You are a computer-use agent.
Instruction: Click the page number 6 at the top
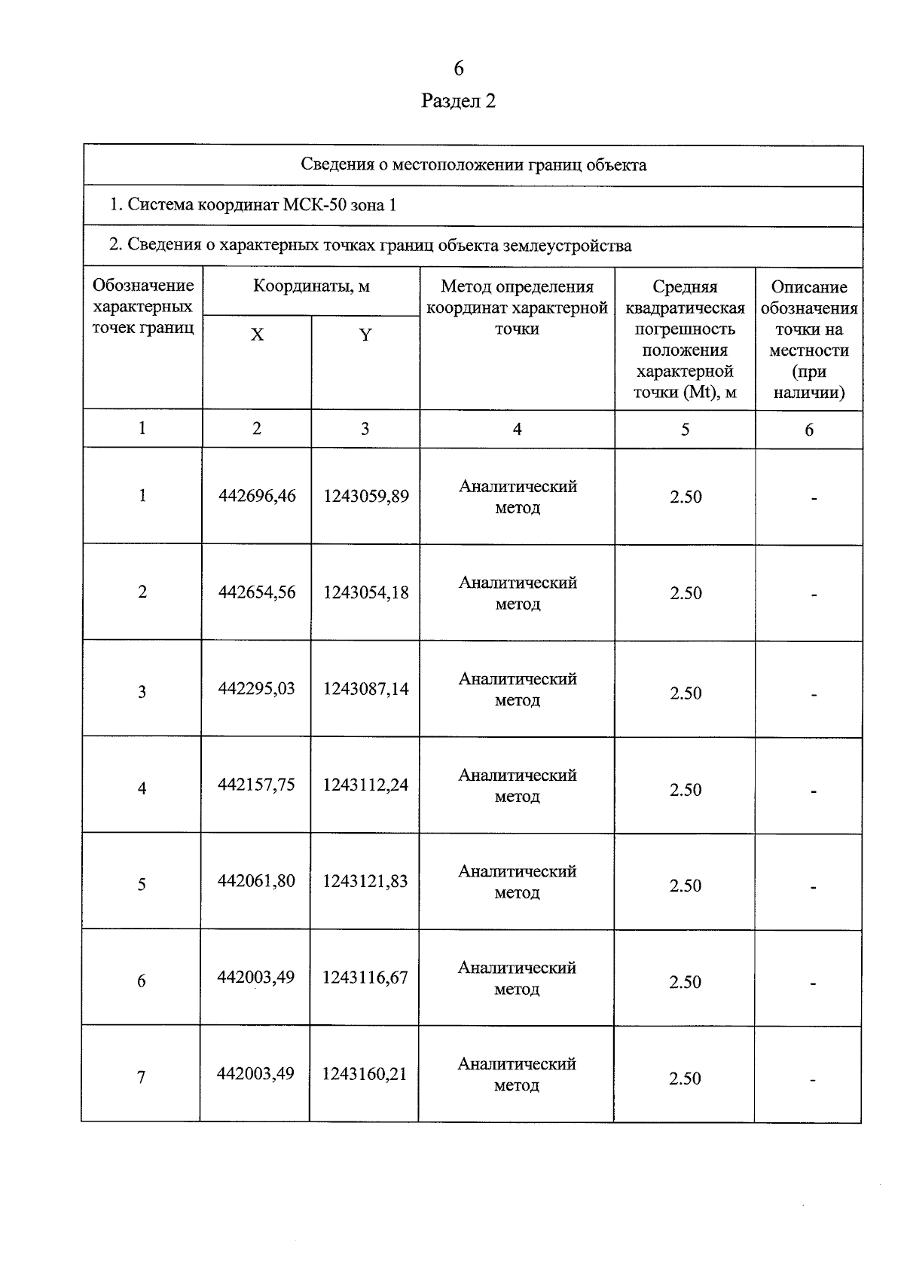458,69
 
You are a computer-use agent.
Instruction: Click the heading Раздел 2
458,101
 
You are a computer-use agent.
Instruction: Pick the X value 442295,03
256,688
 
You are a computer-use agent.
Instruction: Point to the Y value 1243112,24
365,785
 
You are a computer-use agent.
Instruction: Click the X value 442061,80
256,880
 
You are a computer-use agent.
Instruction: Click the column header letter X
257,335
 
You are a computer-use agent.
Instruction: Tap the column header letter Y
365,335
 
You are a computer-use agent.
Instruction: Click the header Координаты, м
311,286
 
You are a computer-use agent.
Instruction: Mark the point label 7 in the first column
141,1077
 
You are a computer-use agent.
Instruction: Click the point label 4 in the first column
142,788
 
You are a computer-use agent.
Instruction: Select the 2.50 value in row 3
686,693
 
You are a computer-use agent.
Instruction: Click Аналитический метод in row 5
517,882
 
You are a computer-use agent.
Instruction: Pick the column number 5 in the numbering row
685,429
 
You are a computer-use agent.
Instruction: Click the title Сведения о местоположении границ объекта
473,165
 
